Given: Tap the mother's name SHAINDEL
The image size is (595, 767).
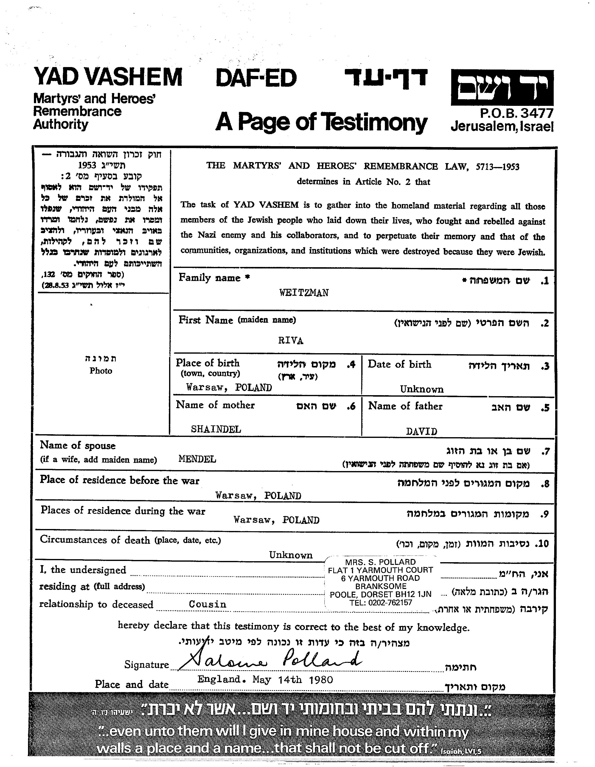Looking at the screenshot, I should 216,429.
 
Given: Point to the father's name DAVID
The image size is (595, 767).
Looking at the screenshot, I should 421,431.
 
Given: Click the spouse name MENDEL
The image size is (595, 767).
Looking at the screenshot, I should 197,459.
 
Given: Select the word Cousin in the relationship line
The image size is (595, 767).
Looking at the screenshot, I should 207,604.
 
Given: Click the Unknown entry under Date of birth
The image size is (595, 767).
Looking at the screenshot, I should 421,389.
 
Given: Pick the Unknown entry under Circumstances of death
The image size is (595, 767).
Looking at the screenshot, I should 291,555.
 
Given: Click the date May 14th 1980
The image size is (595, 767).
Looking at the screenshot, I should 292,680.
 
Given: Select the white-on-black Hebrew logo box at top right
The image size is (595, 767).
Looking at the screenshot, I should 502,88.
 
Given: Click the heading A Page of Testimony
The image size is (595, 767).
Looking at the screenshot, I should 321,122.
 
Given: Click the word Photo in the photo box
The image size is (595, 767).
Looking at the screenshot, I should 101,371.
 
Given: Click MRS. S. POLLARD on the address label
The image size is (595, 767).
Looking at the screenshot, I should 380,562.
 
